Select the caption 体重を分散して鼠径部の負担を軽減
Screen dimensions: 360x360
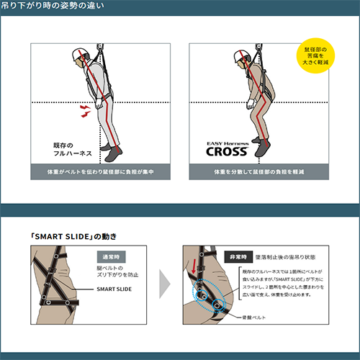click(x=258, y=173)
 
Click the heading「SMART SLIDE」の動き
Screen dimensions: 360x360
click(x=73, y=236)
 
